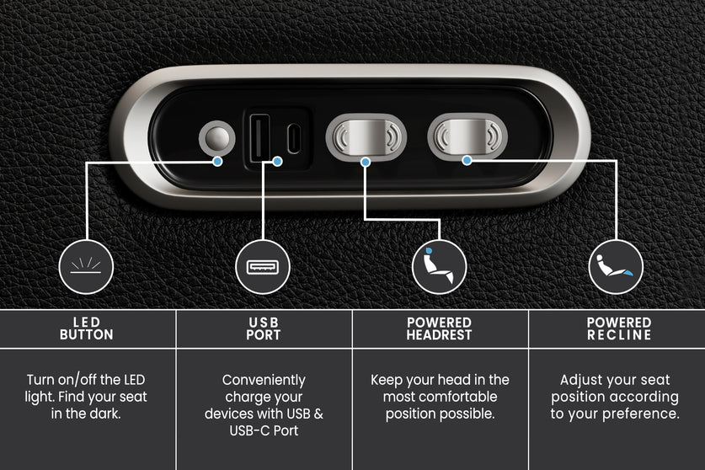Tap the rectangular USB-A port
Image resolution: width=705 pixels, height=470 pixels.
coord(260,138)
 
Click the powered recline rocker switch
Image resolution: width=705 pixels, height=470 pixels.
coord(467,136)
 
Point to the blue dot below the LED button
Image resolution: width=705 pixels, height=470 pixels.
coord(217,161)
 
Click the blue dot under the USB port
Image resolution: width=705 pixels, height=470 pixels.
coord(277,161)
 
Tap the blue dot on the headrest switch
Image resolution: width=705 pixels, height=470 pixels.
coord(366,162)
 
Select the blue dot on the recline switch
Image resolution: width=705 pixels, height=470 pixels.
coord(467,160)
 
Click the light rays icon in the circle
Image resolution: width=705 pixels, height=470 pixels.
coord(86,265)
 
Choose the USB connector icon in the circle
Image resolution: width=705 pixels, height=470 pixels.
coord(263,267)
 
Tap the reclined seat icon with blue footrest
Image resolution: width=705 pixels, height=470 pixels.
coord(615,265)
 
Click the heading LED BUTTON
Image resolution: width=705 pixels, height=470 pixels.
coord(86,328)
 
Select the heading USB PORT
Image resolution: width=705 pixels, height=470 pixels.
coord(264,328)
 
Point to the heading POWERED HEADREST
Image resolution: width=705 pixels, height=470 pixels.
coord(440,328)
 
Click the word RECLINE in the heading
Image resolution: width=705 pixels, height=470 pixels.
coord(619,334)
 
